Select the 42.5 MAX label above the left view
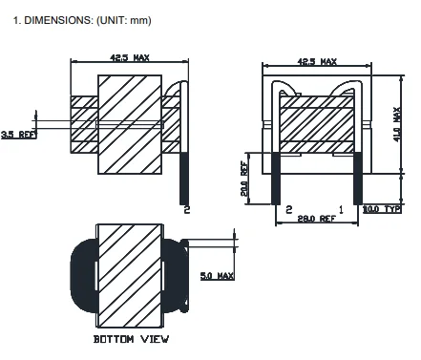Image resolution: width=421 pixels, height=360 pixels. (x=130, y=57)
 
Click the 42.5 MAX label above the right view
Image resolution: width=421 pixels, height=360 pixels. (x=317, y=61)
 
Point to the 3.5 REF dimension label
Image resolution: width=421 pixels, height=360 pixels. (x=19, y=135)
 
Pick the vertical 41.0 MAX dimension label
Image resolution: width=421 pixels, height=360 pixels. (x=397, y=124)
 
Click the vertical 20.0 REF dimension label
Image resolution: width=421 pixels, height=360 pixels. (x=244, y=179)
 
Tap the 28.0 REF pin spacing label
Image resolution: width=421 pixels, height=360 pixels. (x=316, y=219)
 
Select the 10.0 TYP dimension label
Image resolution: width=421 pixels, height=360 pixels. (x=382, y=209)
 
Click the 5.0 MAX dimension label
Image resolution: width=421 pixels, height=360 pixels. (x=217, y=276)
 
